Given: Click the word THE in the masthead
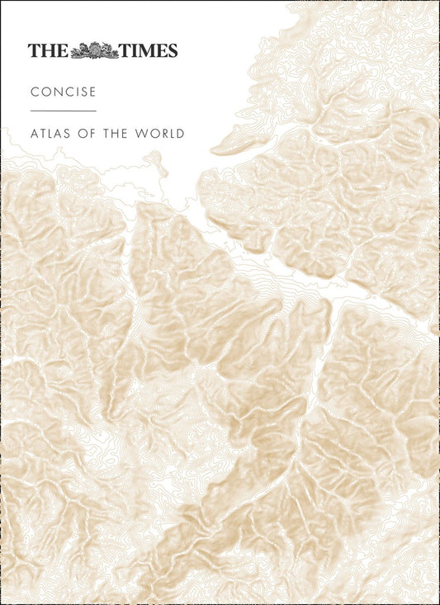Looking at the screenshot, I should click(x=48, y=50).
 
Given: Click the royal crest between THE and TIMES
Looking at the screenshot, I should click(x=96, y=50).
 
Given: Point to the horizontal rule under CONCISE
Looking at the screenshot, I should click(x=64, y=111).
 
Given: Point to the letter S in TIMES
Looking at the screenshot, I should click(x=172, y=50).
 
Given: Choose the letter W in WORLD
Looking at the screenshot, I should click(x=142, y=133).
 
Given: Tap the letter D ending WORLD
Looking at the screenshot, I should click(x=181, y=133).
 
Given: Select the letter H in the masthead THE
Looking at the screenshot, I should click(x=48, y=50).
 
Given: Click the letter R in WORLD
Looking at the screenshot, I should click(x=163, y=133).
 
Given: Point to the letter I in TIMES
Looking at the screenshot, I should click(x=134, y=50).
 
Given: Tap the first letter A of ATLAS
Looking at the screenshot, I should click(x=34, y=133).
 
